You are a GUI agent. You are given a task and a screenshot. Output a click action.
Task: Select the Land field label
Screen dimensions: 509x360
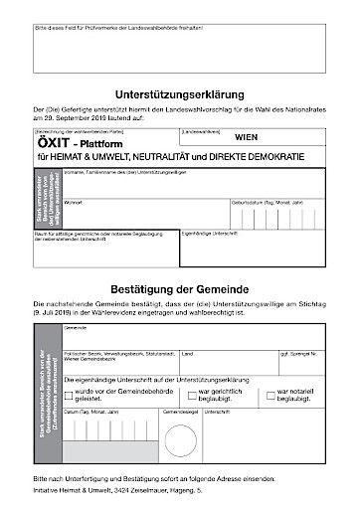tap(187, 353)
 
